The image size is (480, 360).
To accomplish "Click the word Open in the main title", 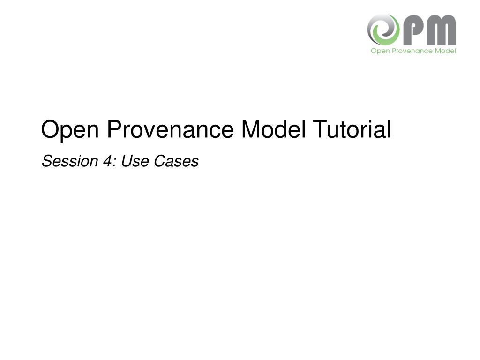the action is (x=70, y=130).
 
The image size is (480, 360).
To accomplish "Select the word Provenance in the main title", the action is (x=170, y=129).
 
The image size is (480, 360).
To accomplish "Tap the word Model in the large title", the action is (x=273, y=129).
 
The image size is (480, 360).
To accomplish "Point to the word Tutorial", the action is (x=352, y=129).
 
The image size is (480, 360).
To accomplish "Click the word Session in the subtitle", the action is (x=70, y=161).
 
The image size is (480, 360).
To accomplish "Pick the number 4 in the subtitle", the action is (x=107, y=161).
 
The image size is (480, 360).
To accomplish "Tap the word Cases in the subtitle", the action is (x=176, y=161).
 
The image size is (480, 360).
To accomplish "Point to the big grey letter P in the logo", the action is (x=412, y=30).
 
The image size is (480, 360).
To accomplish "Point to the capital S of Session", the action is (x=48, y=161).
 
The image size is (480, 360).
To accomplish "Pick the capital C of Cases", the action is (x=160, y=161).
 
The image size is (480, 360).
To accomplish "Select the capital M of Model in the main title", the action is (x=251, y=129).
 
